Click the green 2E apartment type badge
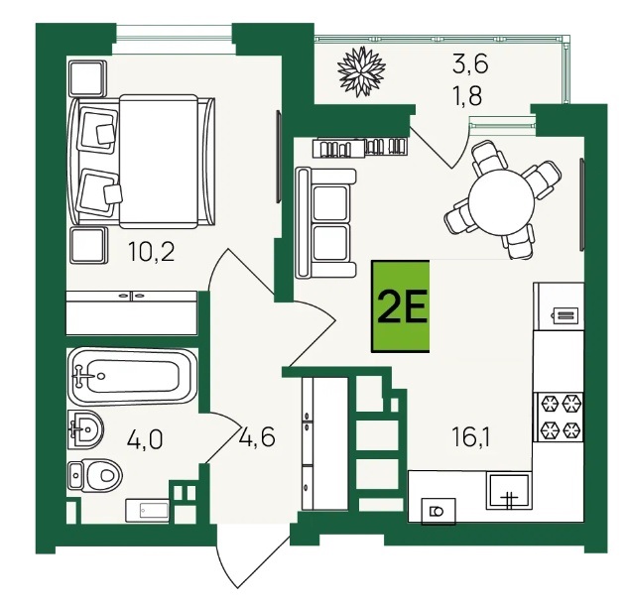point(401,306)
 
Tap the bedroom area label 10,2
point(152,251)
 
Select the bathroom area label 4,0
point(145,440)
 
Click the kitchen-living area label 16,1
point(470,436)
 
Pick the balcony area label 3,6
point(470,64)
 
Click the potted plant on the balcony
point(361,71)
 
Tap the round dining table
point(501,202)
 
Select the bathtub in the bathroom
point(132,376)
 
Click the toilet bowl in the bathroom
point(95,475)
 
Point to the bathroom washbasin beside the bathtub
point(85,429)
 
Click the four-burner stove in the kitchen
point(560,417)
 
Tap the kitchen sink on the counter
point(509,491)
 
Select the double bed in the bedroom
point(143,162)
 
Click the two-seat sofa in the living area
point(325,223)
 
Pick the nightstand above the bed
point(87,78)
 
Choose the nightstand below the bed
point(88,245)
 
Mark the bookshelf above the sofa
point(360,147)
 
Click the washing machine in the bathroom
point(147,510)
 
